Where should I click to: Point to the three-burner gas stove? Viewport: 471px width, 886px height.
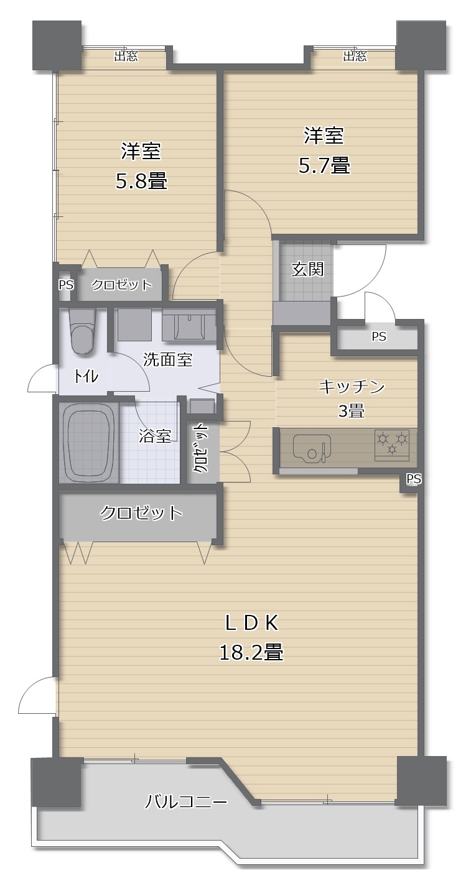392,445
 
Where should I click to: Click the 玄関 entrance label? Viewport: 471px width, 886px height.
307,269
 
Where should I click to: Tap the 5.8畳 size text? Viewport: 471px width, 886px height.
141,181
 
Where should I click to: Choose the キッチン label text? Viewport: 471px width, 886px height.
352,387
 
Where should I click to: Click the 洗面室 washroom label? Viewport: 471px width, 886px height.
167,359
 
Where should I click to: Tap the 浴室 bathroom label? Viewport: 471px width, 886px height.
155,435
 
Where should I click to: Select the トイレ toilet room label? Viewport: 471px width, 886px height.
86,377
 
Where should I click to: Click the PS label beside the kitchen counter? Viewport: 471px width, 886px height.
414,479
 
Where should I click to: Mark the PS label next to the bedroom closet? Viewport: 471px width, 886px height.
66,285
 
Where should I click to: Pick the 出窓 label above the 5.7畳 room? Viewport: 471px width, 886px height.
355,56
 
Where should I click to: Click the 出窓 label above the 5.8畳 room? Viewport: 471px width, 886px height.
126,56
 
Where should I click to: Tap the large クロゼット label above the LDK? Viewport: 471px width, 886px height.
141,512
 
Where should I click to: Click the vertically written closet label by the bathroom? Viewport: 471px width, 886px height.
202,448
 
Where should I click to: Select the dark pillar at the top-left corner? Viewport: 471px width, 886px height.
57,46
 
